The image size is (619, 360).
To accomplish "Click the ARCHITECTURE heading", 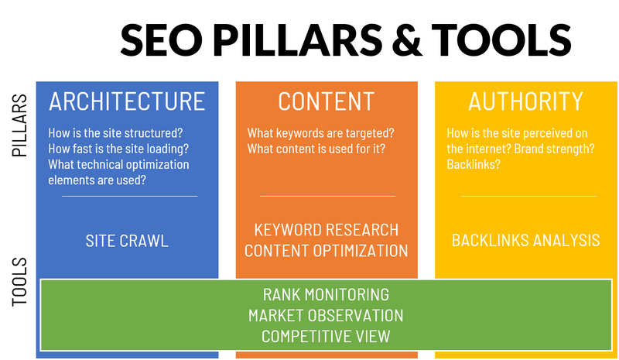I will coord(127,101).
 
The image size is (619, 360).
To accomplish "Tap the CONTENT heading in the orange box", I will coord(326,101).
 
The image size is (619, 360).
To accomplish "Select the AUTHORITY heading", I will coord(525,101).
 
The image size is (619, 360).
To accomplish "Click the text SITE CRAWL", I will coord(127,241).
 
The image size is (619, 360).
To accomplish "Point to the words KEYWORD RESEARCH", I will coord(326,230).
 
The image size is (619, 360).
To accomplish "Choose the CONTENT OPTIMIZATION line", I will coord(326,251).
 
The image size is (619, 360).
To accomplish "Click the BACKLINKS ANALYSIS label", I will coord(525,240).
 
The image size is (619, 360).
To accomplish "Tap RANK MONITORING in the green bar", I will coord(326,295).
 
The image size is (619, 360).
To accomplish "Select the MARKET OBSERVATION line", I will coord(326,316).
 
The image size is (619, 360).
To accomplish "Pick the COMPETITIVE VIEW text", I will coord(326,337).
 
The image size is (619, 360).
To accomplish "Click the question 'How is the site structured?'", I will coord(115,132).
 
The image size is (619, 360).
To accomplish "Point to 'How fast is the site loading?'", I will coord(118,149).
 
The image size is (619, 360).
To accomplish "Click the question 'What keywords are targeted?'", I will coord(320,132).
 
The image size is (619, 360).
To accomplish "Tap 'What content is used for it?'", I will coord(316,149).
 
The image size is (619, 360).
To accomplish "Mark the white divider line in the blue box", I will coord(129,196).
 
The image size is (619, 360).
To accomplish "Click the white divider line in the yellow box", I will coord(528,196).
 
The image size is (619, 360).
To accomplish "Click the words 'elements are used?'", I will coord(97,180).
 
